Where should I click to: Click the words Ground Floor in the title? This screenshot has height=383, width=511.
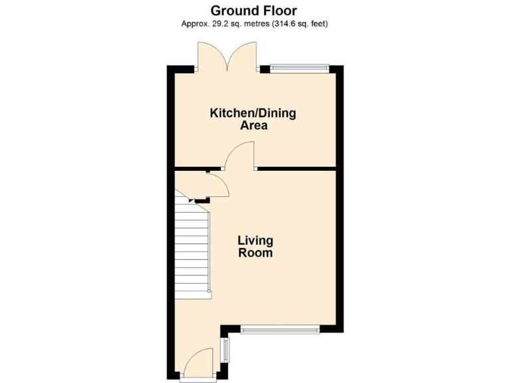coord(254,11)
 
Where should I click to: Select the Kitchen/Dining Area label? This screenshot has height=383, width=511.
coord(253,119)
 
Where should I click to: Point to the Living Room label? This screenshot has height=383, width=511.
coord(255,247)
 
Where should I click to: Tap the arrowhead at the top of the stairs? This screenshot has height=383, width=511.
coord(192,199)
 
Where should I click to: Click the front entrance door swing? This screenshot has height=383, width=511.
coord(198,364)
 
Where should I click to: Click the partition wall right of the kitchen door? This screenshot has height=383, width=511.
coord(296,168)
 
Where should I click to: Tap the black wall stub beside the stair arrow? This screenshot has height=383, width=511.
coord(202,199)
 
